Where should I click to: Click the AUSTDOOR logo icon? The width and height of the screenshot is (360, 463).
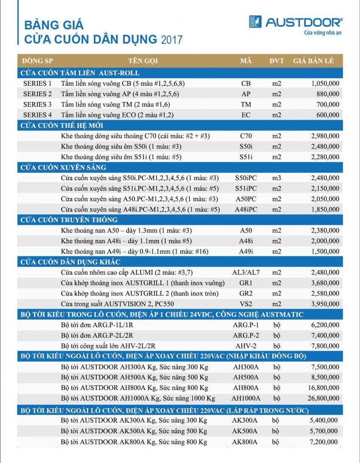tap(255, 22)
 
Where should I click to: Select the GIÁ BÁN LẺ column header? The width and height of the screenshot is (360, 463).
tap(313, 61)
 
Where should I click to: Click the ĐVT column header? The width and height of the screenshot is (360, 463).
tap(276, 61)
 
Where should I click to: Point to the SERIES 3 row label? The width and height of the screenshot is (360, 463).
tap(37, 104)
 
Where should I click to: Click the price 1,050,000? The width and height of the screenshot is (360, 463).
tap(325, 84)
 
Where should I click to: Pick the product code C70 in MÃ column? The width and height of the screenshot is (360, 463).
tap(246, 136)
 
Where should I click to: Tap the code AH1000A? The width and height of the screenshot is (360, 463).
tap(246, 398)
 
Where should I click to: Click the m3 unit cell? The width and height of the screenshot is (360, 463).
tap(277, 178)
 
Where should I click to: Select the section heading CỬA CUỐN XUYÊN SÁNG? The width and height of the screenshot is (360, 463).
tap(63, 167)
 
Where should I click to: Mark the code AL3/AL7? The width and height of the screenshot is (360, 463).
tap(246, 272)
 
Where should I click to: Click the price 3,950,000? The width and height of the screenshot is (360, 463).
tap(325, 304)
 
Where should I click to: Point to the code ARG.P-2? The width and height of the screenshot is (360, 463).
tap(246, 336)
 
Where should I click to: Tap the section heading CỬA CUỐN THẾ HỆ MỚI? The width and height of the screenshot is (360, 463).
tap(62, 125)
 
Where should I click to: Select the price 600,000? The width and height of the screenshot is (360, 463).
tap(327, 115)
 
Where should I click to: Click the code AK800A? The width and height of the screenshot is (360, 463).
tap(245, 442)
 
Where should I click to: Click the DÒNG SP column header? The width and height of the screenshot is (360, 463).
tap(37, 61)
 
